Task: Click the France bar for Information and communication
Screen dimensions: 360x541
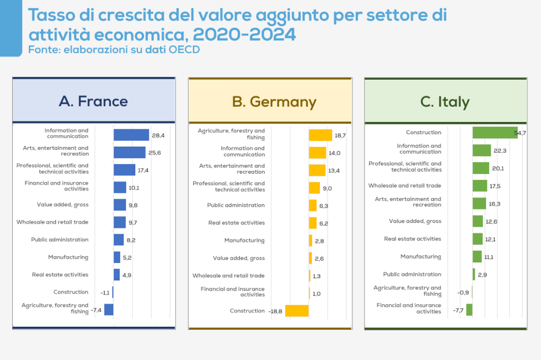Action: pos(131,135)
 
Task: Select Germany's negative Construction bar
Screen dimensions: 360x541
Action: pos(297,311)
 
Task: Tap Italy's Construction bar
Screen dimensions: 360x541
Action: pos(495,132)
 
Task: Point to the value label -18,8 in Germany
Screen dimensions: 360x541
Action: pos(276,311)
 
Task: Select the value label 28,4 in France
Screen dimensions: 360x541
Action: pos(158,135)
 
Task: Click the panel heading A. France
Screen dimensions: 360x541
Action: pos(94,101)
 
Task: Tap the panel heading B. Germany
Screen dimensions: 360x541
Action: pos(274,101)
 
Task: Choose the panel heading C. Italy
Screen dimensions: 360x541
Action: pos(445,101)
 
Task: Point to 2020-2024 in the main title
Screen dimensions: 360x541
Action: pos(244,34)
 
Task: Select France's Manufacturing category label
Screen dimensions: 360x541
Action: pos(68,257)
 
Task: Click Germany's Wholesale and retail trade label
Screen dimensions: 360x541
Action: pos(228,276)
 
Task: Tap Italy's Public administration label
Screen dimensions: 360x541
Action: pos(412,274)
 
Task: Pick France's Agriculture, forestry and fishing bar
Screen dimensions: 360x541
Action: pos(109,309)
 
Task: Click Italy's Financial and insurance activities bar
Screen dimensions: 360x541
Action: pos(469,309)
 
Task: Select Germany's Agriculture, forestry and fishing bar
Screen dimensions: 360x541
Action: pos(320,135)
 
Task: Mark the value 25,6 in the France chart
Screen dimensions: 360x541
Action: pos(155,153)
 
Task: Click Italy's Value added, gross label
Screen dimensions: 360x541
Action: pos(415,221)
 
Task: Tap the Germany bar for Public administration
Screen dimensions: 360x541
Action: pos(313,205)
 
